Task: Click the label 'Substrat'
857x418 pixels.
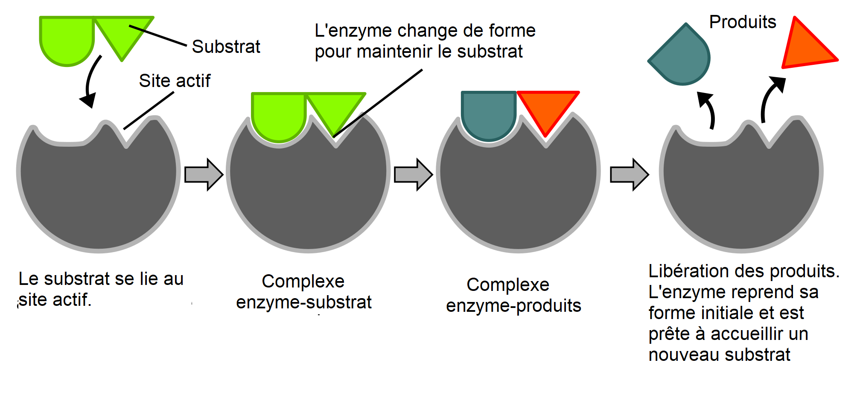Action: (x=226, y=46)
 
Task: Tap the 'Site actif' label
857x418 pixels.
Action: (x=175, y=81)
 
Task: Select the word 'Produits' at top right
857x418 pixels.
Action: (x=742, y=22)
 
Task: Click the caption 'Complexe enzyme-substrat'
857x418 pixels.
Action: (x=303, y=292)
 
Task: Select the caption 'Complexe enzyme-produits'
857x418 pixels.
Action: (x=513, y=295)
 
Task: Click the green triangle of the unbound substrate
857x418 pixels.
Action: (x=122, y=34)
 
